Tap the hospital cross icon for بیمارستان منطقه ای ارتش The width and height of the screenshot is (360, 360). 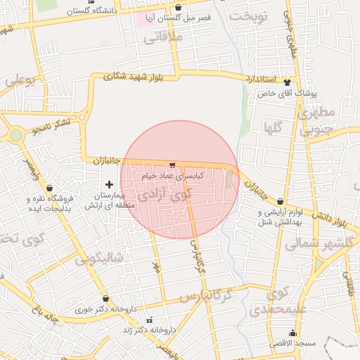108,184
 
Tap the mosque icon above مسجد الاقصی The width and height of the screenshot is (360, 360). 292,333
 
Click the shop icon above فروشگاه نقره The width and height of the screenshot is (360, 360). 49,188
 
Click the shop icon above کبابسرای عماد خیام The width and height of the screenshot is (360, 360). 172,164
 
